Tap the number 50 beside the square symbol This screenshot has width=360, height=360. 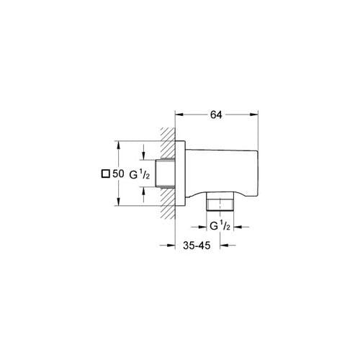(118, 174)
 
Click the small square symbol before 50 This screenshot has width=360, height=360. (105, 174)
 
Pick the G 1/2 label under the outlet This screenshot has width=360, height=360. (219, 225)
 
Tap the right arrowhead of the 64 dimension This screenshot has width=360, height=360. (256, 112)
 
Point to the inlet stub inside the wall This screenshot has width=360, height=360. (168, 174)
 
